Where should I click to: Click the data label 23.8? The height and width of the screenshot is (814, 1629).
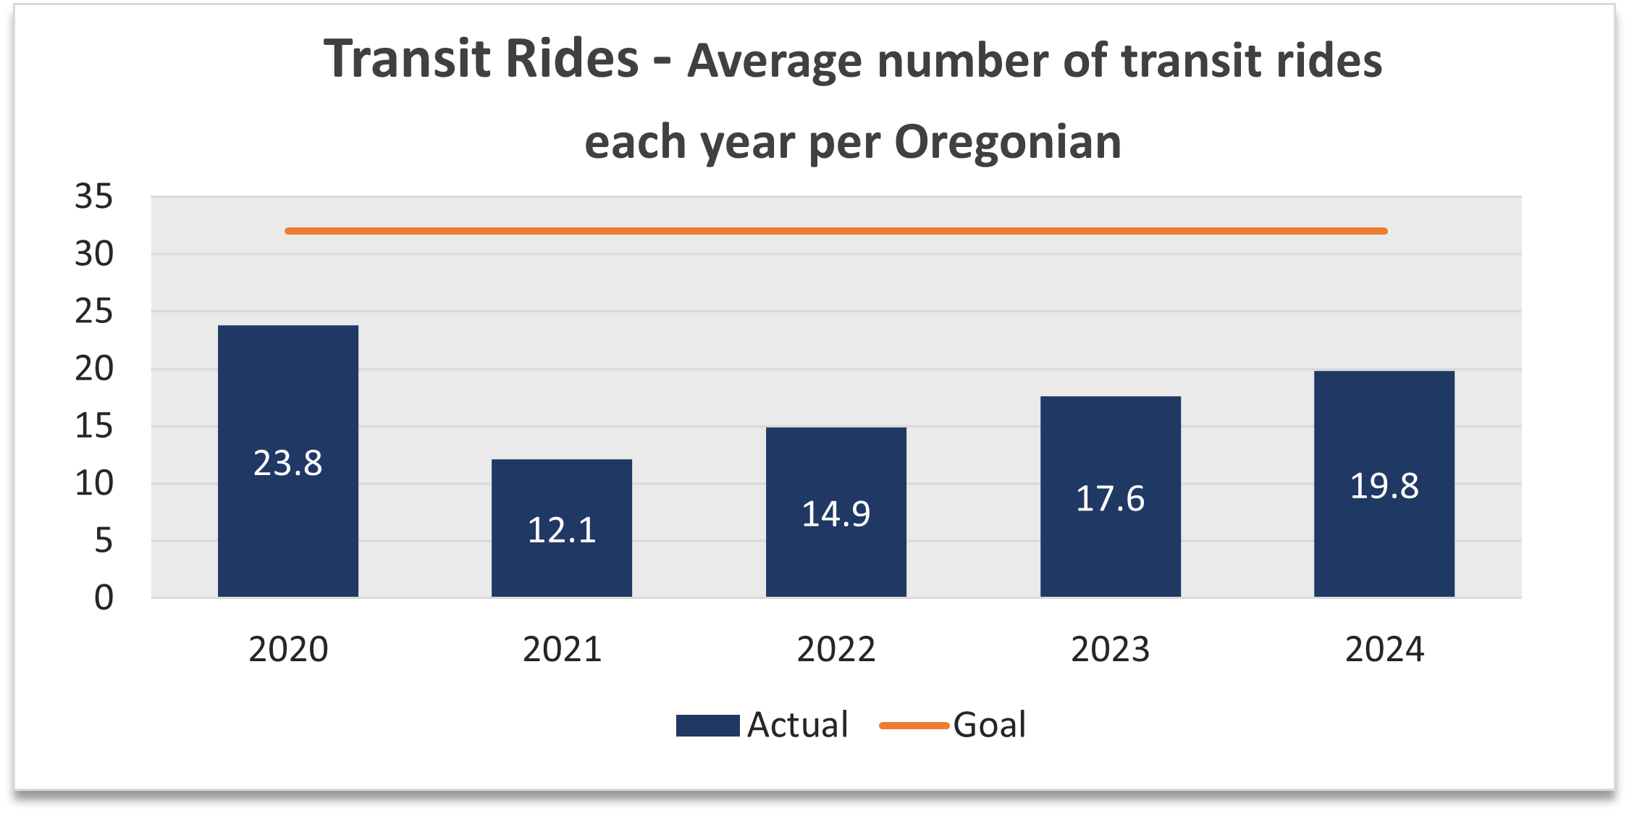coord(287,463)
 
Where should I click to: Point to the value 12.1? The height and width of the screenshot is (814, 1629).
coord(561,530)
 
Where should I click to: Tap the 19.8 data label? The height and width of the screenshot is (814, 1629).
coord(1384,486)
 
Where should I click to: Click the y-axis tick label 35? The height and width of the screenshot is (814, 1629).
coord(94,197)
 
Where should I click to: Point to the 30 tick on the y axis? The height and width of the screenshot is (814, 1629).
coord(94,254)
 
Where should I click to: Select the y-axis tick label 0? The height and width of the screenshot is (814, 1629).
coord(104,598)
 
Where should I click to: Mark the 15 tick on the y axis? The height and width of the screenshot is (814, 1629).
coord(94,427)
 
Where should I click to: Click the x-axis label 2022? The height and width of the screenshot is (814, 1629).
coord(835,650)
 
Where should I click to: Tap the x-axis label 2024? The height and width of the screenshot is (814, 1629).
coord(1384,650)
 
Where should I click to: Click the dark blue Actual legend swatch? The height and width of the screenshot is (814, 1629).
coord(707,726)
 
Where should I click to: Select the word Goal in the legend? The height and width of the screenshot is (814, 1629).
coord(989,725)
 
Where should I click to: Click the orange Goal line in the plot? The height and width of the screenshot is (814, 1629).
coord(835,231)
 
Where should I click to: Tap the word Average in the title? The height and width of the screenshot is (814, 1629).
coord(774,61)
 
